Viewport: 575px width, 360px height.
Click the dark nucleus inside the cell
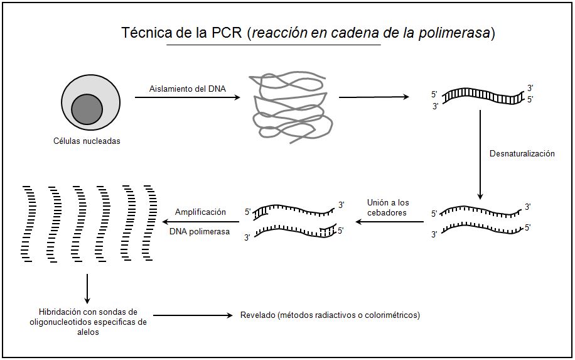(87, 109)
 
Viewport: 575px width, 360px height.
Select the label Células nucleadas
(87, 141)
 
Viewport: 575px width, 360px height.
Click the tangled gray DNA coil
(289, 111)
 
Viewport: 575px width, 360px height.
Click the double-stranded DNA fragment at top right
(482, 96)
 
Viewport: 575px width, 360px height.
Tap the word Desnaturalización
(522, 154)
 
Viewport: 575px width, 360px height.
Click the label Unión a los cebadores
(388, 207)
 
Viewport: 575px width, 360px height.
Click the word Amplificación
(200, 212)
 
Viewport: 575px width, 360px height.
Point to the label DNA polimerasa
(200, 232)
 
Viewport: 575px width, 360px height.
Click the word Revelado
(258, 315)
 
